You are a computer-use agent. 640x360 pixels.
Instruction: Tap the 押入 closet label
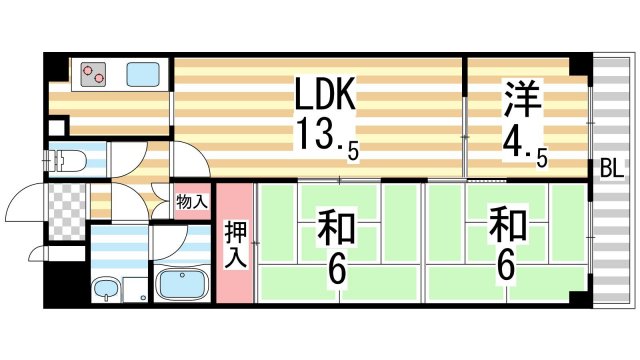point(233,243)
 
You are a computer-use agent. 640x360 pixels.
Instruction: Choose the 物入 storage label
point(192,202)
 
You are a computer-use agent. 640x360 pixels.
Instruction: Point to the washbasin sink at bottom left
point(106,291)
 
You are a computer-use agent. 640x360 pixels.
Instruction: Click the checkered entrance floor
point(68,209)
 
